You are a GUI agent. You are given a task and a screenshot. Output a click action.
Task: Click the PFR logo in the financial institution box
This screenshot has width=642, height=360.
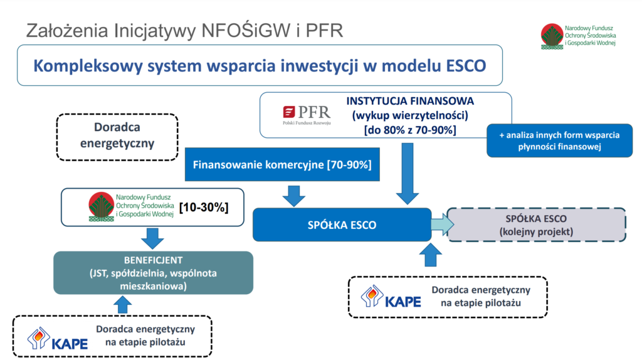coord(306,115)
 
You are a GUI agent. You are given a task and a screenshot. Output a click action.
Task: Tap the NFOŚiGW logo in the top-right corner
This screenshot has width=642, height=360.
coord(578,36)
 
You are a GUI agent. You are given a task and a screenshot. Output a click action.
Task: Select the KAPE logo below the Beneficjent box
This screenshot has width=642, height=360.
coord(57,338)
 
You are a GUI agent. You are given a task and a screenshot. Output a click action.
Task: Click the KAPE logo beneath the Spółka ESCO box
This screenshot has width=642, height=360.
coord(391,297)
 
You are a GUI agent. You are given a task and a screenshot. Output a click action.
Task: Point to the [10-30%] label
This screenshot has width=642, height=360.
coord(204,207)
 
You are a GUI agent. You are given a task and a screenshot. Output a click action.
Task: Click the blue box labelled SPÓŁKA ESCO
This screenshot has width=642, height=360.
coord(342,225)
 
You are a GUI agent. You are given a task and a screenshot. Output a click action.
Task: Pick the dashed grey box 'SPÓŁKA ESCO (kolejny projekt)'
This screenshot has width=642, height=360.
coord(536,225)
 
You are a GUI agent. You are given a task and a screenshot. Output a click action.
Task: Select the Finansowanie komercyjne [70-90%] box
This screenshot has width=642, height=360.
coord(282,165)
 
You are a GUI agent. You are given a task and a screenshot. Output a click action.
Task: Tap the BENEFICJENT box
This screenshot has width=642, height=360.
coord(153,273)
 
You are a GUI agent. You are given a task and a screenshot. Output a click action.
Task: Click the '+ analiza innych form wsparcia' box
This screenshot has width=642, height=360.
coord(559,140)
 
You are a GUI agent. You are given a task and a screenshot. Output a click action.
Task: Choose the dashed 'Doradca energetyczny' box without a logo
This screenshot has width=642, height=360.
coord(117,137)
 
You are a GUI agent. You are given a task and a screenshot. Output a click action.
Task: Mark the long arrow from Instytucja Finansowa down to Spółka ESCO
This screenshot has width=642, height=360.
coord(408,174)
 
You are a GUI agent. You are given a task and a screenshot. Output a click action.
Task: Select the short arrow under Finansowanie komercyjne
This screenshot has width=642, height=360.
coord(294,196)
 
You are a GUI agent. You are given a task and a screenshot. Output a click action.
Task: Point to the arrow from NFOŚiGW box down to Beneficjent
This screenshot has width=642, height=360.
coord(152,238)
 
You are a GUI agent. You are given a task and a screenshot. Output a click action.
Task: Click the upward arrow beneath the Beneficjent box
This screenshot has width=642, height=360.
coord(122,305)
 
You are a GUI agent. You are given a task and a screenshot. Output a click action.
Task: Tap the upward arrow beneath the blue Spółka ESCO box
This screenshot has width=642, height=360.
coord(431,255)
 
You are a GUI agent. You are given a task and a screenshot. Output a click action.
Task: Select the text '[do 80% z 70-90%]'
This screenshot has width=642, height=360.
coord(410,130)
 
